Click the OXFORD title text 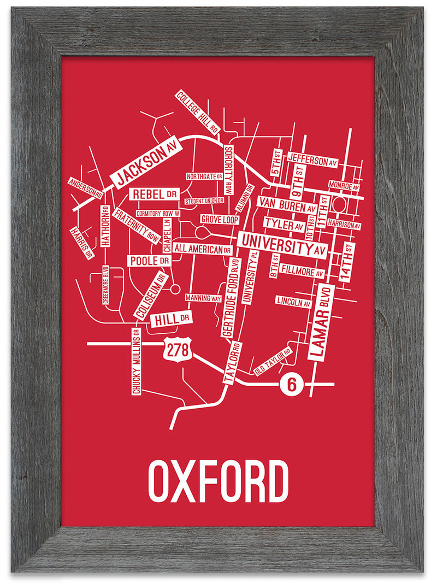pyautogui.click(x=218, y=481)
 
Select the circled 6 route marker pyautogui.click(x=291, y=385)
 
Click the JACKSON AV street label pyautogui.click(x=145, y=161)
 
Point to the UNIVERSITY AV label pyautogui.click(x=282, y=245)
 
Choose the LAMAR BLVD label pyautogui.click(x=321, y=322)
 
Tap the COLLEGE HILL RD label pyautogui.click(x=197, y=113)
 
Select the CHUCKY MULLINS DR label pyautogui.click(x=136, y=361)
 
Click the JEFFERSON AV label pyautogui.click(x=313, y=160)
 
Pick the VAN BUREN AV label pyautogui.click(x=287, y=206)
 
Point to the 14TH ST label pyautogui.click(x=347, y=262)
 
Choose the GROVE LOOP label pyautogui.click(x=220, y=219)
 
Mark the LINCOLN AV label pyautogui.click(x=293, y=301)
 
